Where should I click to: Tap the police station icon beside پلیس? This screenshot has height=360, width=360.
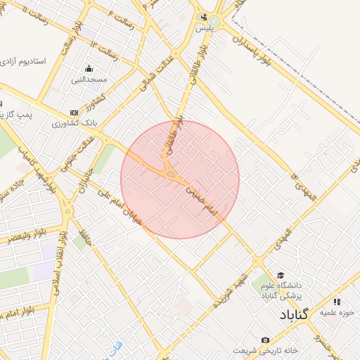(203, 18)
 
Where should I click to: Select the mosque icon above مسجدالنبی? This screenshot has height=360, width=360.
(89, 69)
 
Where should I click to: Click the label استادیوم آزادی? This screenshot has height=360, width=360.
(23, 62)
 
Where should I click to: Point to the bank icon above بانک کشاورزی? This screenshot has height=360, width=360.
(75, 113)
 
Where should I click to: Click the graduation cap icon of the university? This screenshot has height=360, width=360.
(281, 275)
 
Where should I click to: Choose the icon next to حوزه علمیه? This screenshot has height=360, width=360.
(337, 302)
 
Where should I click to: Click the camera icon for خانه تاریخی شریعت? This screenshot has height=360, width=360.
(264, 340)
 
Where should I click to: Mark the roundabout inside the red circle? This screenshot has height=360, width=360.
(172, 174)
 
